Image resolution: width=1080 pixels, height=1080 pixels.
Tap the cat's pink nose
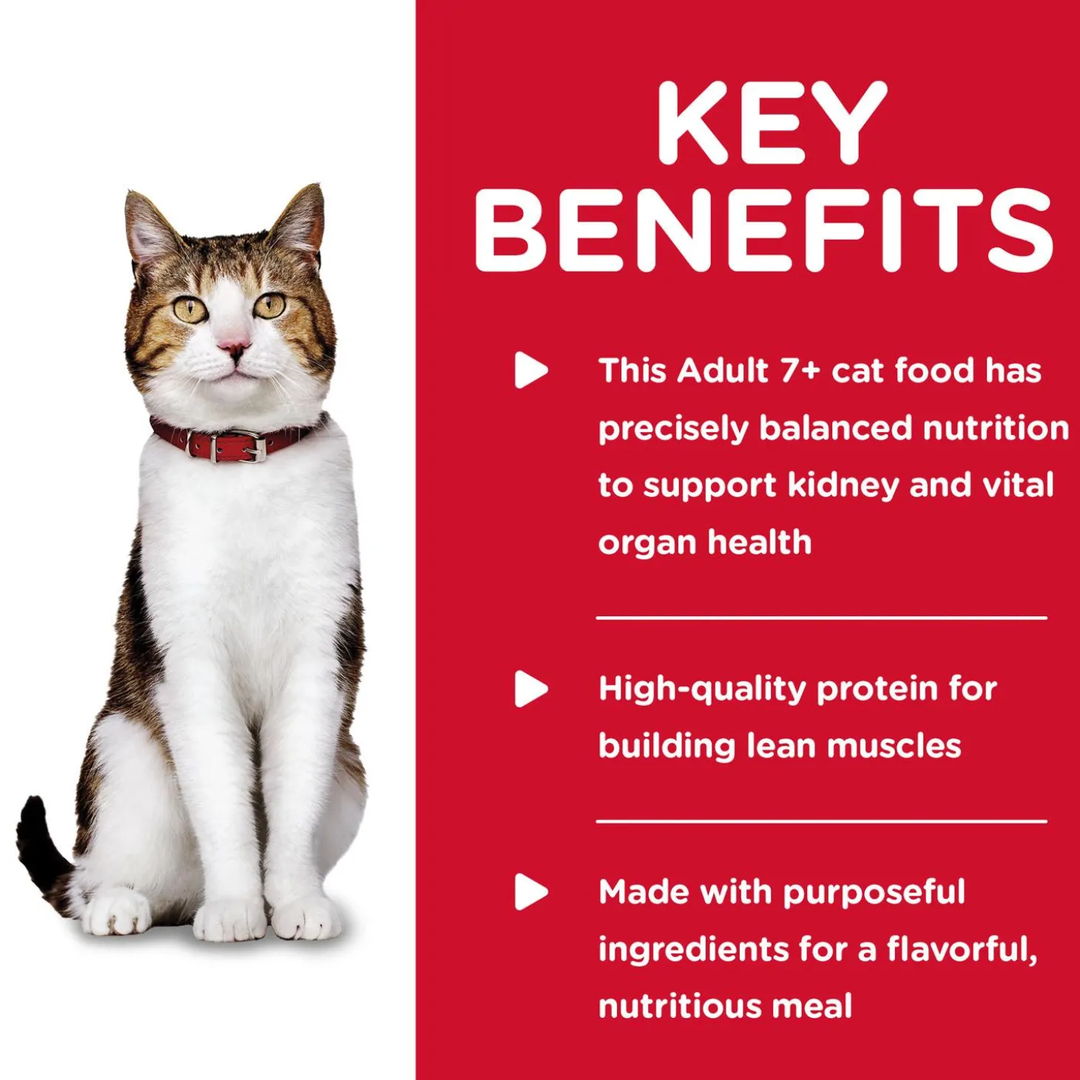[233, 346]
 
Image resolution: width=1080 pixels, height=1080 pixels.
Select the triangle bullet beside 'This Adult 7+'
[530, 370]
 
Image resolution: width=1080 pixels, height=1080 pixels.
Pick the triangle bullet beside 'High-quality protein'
[530, 689]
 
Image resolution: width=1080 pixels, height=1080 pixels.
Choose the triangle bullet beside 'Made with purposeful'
[530, 891]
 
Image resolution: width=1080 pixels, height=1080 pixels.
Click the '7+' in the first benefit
[800, 370]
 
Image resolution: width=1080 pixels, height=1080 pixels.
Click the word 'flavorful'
[960, 949]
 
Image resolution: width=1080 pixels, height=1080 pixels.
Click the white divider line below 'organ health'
[821, 618]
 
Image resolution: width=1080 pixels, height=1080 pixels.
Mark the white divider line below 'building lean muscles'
[821, 821]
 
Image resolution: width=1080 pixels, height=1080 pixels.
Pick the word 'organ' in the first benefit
[647, 544]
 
